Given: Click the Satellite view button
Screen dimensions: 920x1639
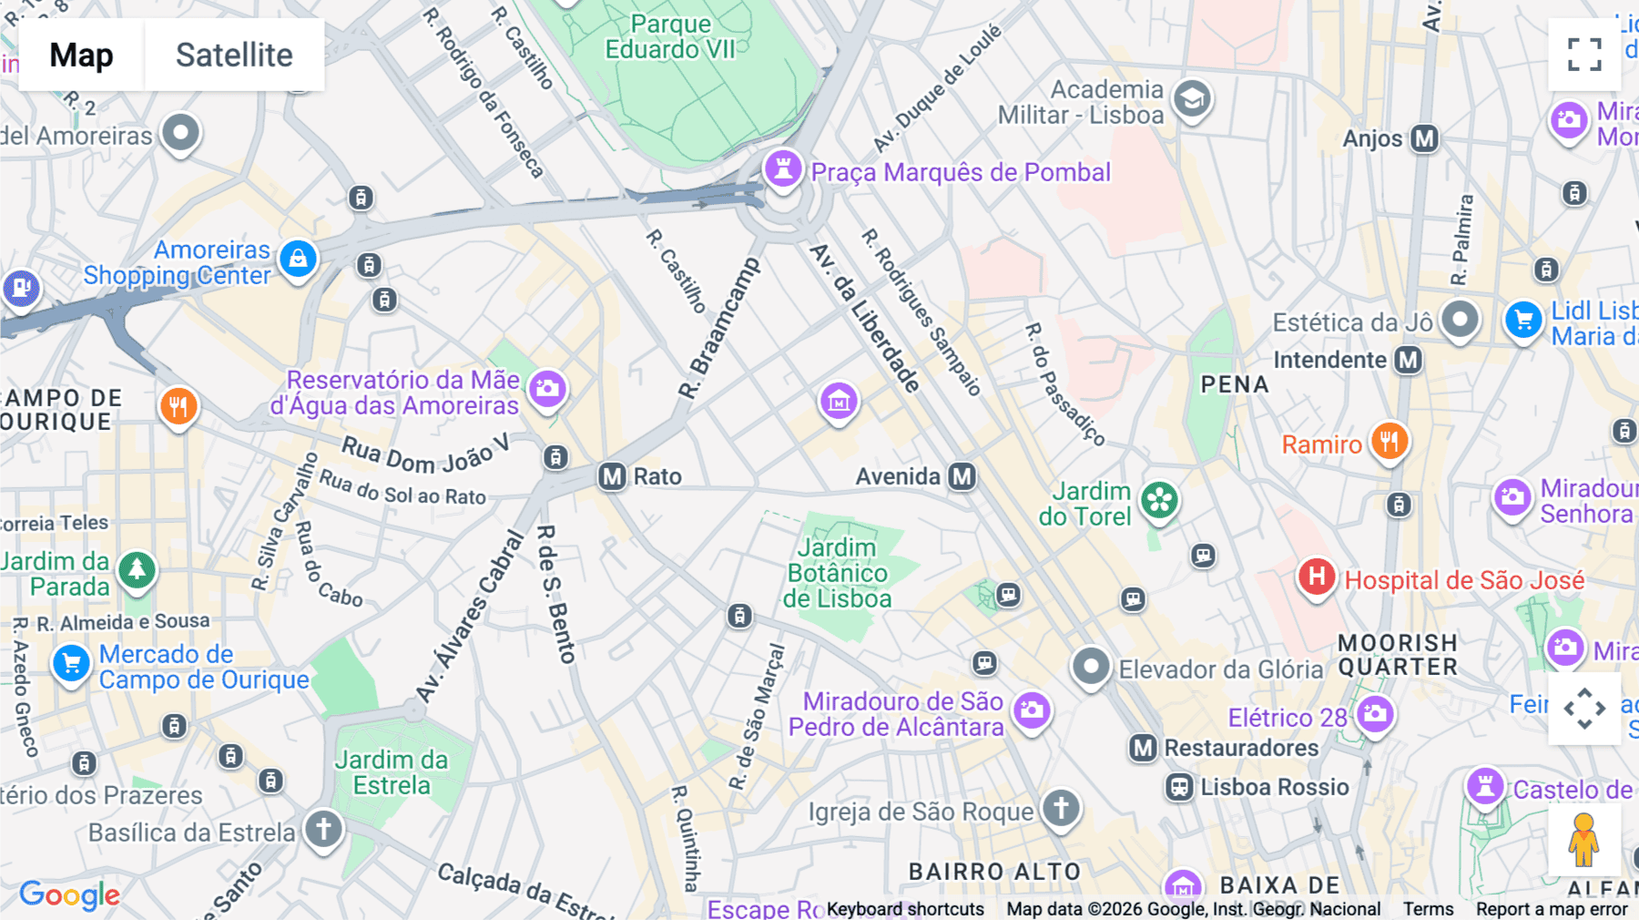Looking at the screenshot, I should tap(234, 55).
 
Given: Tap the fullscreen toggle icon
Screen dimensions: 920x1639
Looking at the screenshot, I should tap(1584, 55).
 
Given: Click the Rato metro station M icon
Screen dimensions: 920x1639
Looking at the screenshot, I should tap(612, 476).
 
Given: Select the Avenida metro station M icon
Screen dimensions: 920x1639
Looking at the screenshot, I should tap(962, 476).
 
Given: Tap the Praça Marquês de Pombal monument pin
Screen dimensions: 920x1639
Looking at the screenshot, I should tap(783, 169).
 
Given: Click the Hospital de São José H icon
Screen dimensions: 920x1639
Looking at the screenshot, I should tap(1316, 577).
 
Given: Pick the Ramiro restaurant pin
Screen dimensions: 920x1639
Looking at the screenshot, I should tap(1389, 442).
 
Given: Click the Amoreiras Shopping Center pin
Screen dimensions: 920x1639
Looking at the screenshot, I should tap(298, 260).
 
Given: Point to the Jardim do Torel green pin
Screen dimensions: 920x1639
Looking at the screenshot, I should tap(1159, 500).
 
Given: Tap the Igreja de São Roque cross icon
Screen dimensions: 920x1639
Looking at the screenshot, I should tap(1061, 808).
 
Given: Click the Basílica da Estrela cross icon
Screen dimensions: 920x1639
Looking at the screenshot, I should tap(323, 829).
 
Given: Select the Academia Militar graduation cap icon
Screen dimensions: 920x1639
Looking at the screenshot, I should tap(1192, 98).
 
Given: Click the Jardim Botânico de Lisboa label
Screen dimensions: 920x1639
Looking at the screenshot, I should tap(837, 573).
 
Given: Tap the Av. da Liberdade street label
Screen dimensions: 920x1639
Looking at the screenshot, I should tap(865, 318).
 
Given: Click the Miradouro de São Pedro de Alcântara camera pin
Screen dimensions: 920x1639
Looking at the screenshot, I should tap(1032, 710).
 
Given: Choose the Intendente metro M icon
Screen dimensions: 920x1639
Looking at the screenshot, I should tap(1409, 360).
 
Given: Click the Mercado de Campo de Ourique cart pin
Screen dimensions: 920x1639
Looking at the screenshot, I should tap(71, 662).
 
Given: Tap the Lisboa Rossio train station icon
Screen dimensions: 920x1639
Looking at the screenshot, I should tap(1179, 787).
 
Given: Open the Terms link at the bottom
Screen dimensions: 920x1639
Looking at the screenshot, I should tap(1428, 909).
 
